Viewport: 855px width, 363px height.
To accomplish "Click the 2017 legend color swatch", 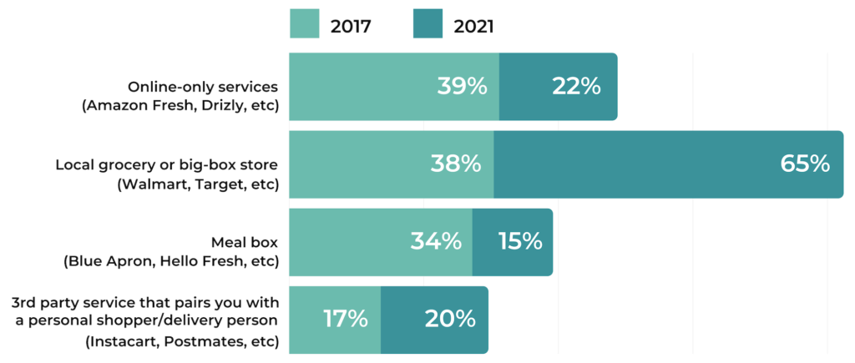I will coord(304,25).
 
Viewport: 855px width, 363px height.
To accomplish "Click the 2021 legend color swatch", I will coord(427,25).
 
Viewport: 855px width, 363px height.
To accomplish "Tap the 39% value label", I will coord(463,86).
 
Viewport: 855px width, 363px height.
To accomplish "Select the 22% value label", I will coord(576,86).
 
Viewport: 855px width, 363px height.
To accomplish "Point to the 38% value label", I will coord(456,164).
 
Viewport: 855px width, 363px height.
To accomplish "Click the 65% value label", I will coord(805,164).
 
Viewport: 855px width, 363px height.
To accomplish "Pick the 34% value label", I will coord(436,241).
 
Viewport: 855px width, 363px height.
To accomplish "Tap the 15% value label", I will coord(520,241).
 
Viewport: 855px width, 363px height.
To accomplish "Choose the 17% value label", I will coord(345,319).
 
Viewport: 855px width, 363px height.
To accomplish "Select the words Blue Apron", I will coord(105,260).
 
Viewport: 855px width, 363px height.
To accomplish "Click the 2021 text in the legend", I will coord(474,26).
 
